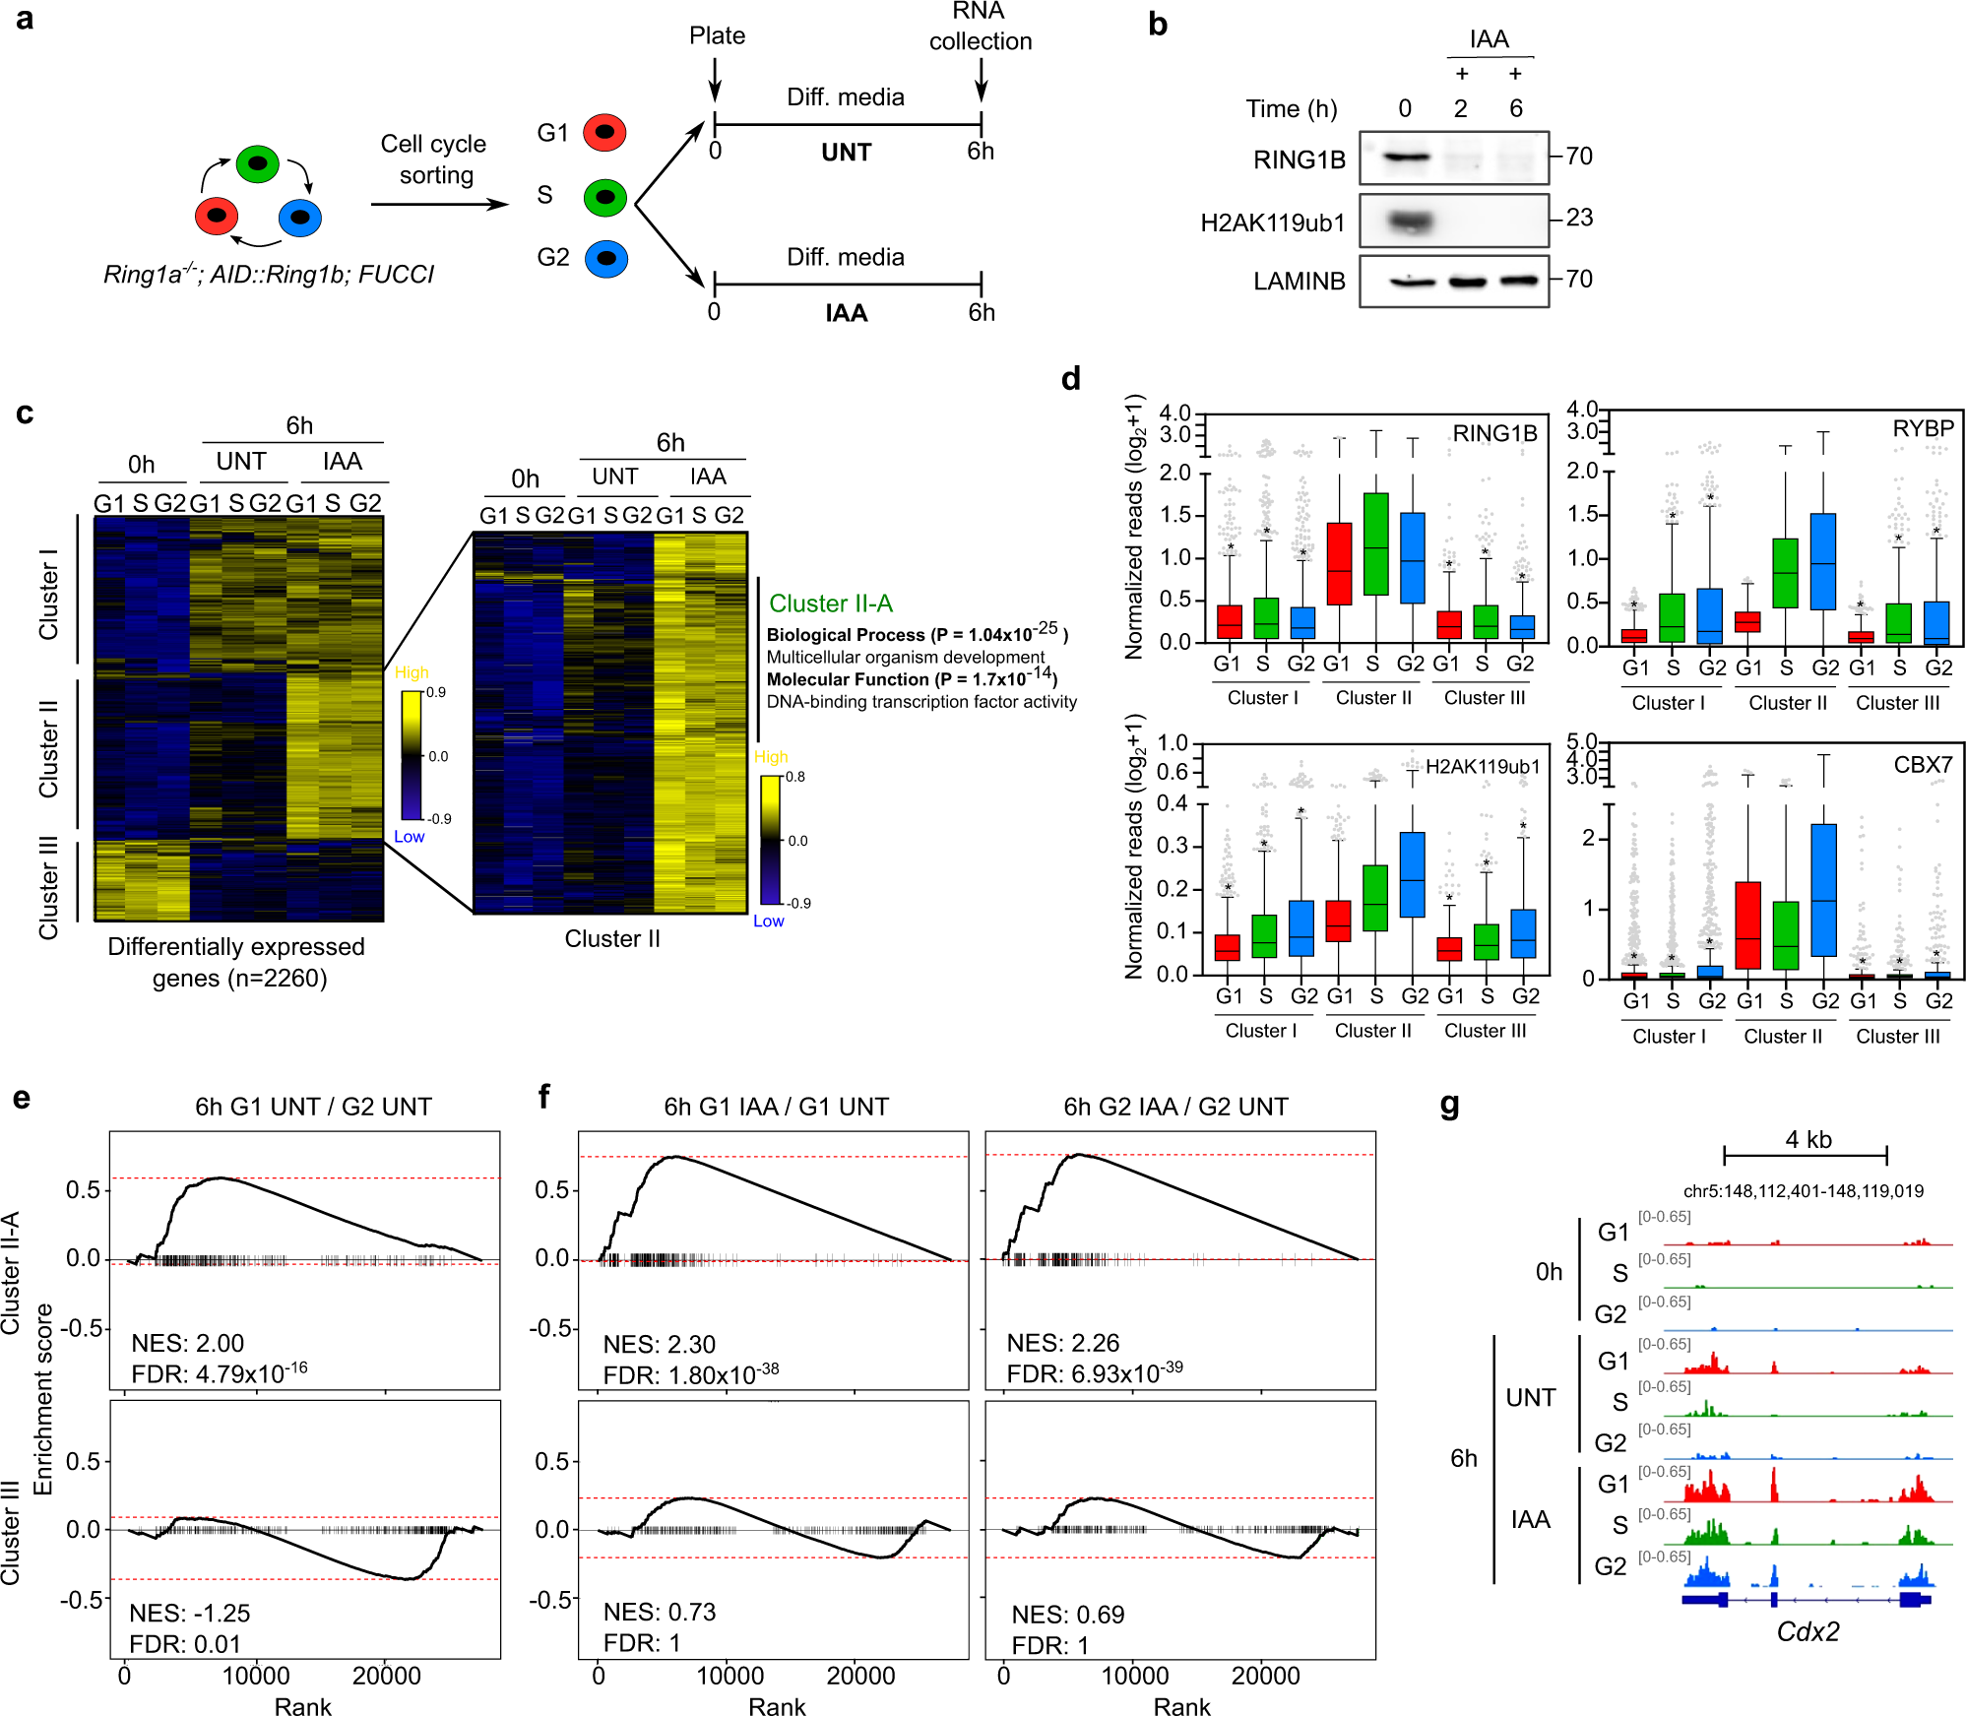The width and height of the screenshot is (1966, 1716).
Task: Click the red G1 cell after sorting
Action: pyautogui.click(x=604, y=132)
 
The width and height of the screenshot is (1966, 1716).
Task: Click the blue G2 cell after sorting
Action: pyautogui.click(x=605, y=259)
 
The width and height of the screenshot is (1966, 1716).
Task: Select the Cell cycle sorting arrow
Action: pyautogui.click(x=438, y=204)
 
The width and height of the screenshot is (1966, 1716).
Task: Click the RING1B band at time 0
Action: pyautogui.click(x=1405, y=157)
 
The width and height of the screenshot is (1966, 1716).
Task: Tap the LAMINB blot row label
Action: pyautogui.click(x=1299, y=282)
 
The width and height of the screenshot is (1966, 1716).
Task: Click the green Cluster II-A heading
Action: pyautogui.click(x=830, y=604)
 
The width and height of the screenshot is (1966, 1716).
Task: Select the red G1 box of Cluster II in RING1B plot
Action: pyautogui.click(x=1339, y=563)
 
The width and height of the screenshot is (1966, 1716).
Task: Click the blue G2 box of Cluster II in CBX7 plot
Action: pyautogui.click(x=1823, y=889)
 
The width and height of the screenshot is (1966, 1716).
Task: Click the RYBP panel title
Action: pyautogui.click(x=1922, y=428)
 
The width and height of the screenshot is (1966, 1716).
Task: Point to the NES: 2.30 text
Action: pyautogui.click(x=659, y=1344)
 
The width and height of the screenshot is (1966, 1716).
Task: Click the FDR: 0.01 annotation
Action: pyautogui.click(x=185, y=1643)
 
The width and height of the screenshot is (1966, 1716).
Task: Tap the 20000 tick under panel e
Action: pyautogui.click(x=386, y=1676)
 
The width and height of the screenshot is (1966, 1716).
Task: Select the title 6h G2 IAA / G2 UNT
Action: pyautogui.click(x=1175, y=1107)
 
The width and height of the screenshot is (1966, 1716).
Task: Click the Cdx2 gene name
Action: pyautogui.click(x=1807, y=1631)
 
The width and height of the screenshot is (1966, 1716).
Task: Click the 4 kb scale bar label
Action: pyautogui.click(x=1807, y=1139)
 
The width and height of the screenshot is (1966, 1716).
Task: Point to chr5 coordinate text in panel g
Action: pyautogui.click(x=1803, y=1190)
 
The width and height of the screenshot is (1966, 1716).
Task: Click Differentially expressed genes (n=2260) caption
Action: pyautogui.click(x=236, y=962)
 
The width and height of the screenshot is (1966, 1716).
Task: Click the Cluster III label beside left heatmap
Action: pyautogui.click(x=47, y=887)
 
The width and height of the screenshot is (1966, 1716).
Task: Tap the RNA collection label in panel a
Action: pyautogui.click(x=980, y=27)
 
